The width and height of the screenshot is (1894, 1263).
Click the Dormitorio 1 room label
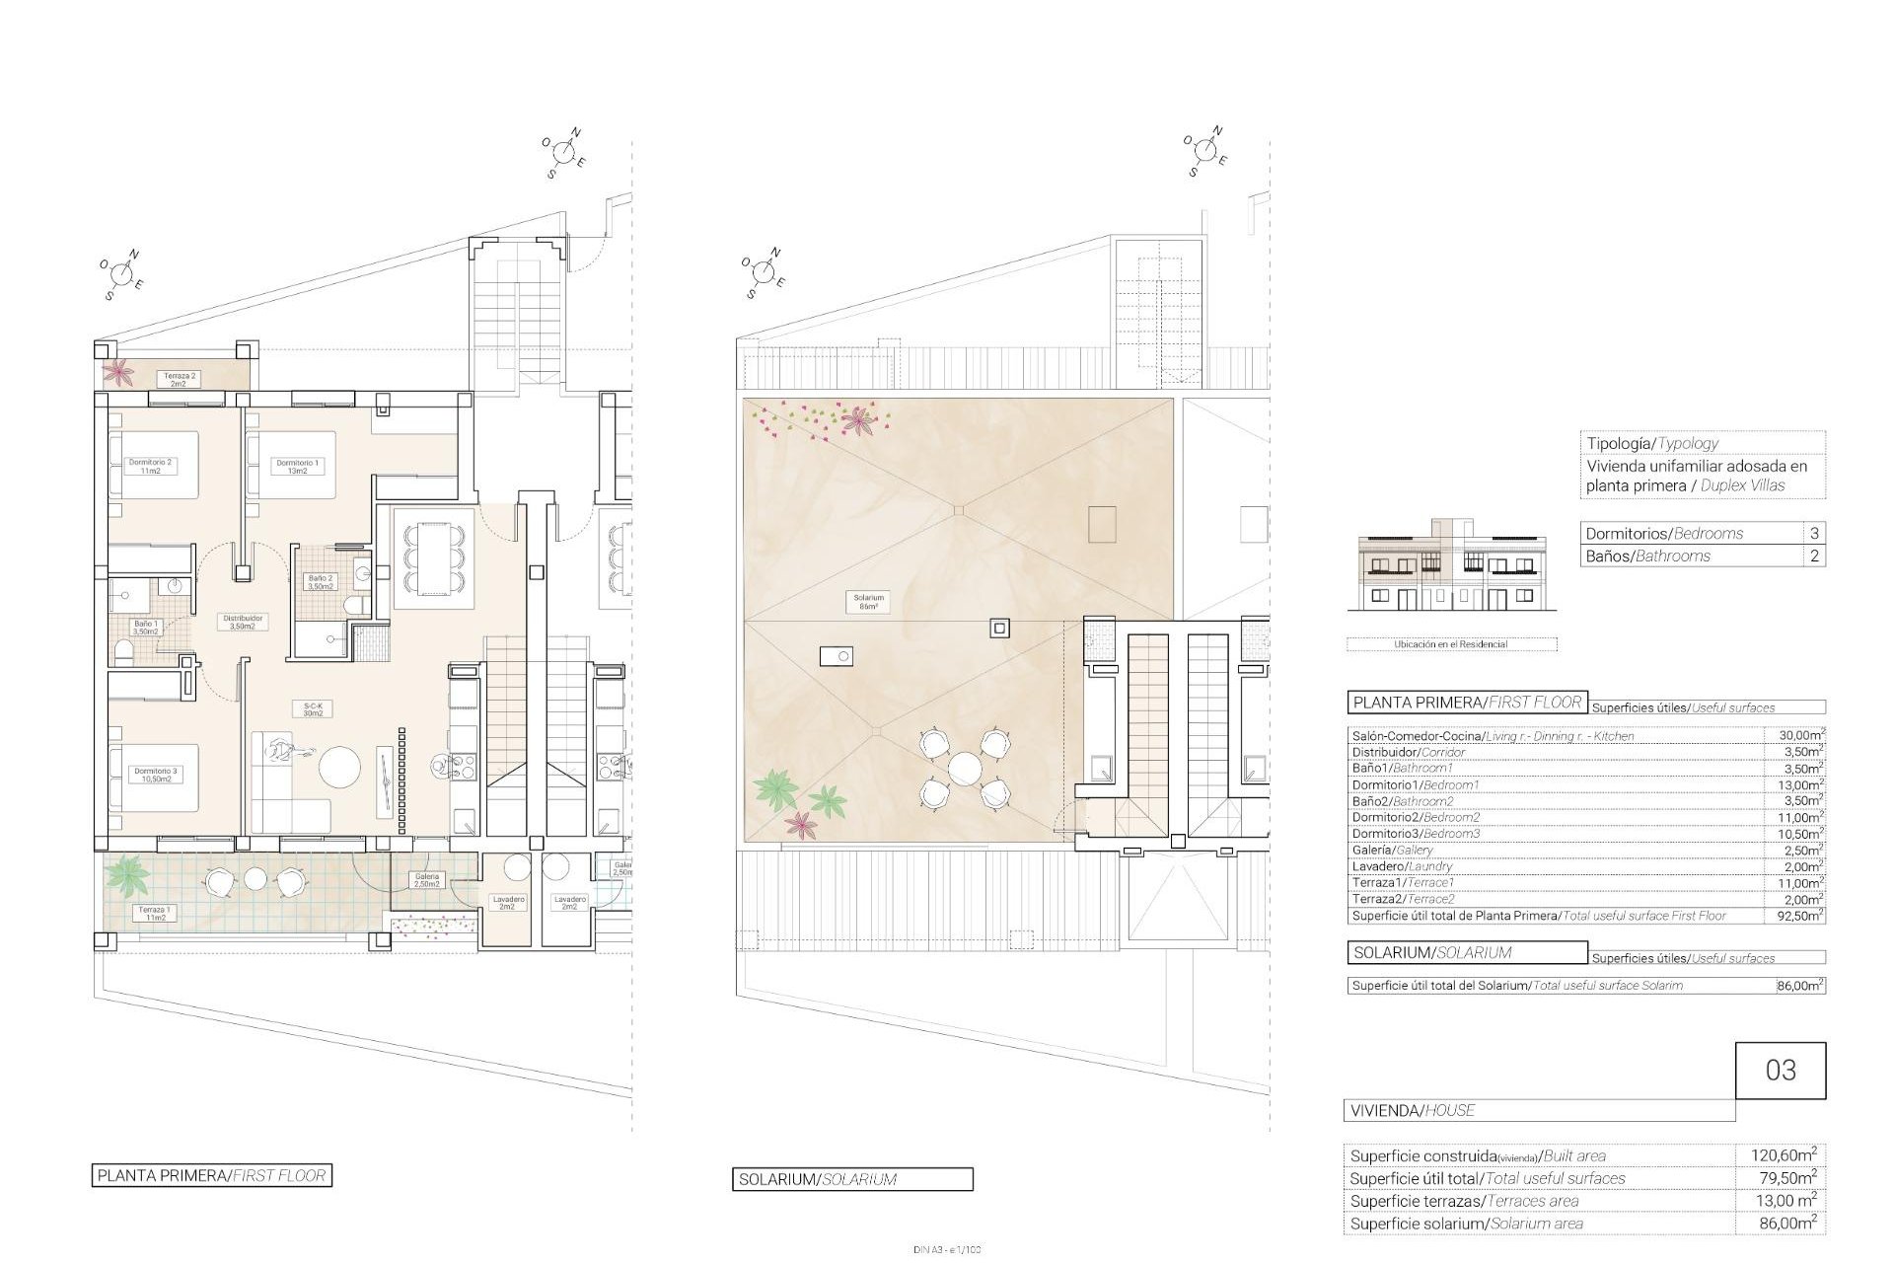[297, 467]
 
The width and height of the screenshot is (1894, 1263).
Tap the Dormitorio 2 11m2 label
[150, 467]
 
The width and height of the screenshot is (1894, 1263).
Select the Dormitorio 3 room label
[154, 775]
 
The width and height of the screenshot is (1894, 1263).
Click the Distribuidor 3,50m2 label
[242, 622]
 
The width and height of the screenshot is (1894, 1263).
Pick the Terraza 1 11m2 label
[154, 913]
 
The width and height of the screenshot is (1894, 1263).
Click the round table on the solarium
[965, 768]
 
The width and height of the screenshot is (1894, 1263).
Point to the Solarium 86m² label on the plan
[869, 602]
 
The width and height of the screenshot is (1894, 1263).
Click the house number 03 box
[1780, 1071]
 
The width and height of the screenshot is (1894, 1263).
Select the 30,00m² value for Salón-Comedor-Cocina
[1794, 735]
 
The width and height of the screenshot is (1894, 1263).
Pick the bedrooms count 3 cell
[1814, 533]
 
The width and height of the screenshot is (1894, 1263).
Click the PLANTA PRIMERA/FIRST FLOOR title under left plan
[211, 1175]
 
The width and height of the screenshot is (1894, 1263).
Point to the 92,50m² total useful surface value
[1794, 915]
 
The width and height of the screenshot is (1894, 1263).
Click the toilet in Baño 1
[124, 652]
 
